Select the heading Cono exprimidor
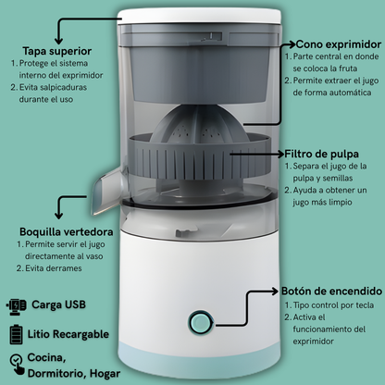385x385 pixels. pyautogui.click(x=340, y=43)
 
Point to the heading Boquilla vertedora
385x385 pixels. pyautogui.click(x=67, y=230)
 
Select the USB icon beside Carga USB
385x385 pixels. pyautogui.click(x=17, y=304)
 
